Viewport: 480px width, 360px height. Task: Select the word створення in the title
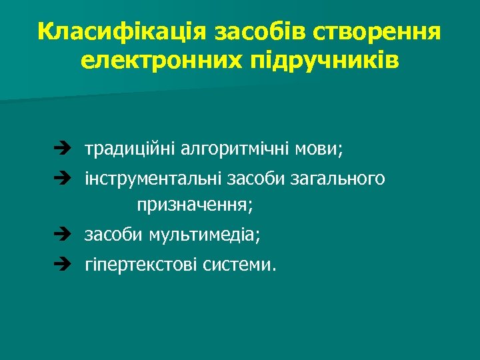[377, 31]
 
